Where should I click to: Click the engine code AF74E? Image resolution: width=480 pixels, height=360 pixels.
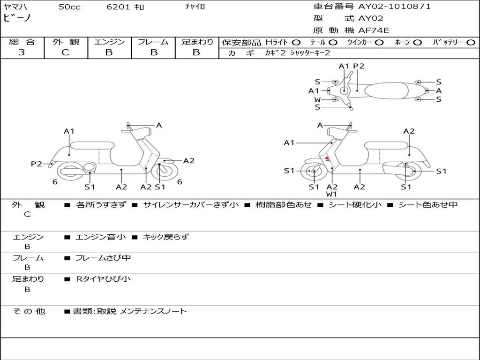[x=374, y=30]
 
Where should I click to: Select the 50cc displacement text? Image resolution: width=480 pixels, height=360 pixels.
[x=68, y=7]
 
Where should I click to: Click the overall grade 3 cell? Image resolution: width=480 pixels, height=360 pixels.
[x=22, y=52]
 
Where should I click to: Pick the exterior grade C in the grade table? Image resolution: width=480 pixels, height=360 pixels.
[x=65, y=52]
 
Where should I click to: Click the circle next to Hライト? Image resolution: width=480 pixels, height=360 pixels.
[x=296, y=42]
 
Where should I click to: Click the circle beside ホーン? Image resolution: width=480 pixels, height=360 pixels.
[x=417, y=42]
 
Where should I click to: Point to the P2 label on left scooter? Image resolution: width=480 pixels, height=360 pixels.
[x=36, y=164]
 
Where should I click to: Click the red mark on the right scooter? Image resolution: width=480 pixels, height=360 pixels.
[x=328, y=159]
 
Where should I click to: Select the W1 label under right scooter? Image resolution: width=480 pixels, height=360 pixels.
[x=332, y=194]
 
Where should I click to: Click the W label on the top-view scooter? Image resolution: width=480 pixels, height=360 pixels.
[x=317, y=99]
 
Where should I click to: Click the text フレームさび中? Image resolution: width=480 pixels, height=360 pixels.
[x=103, y=258]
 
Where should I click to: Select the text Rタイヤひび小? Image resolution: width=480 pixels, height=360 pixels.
[x=103, y=279]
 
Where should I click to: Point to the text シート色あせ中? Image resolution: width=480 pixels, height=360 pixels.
[x=428, y=204]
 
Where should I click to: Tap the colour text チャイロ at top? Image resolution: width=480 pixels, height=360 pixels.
[x=195, y=7]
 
